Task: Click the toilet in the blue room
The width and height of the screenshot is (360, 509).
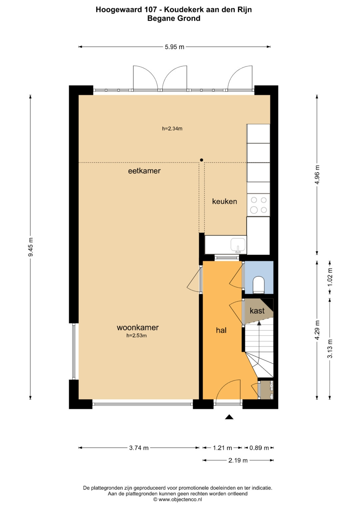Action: coord(259,284)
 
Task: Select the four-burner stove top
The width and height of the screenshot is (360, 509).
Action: coord(258,205)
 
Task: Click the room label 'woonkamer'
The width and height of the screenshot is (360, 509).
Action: coord(137,327)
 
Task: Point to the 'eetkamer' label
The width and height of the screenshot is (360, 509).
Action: coord(144,171)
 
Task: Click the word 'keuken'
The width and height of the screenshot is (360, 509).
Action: coord(225,201)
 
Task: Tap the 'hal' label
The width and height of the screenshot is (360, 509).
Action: coord(221,330)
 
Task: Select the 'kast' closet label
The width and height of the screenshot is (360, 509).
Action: coord(257,311)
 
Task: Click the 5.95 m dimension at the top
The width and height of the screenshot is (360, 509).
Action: coord(175,47)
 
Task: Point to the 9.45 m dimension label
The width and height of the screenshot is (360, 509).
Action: coord(31,247)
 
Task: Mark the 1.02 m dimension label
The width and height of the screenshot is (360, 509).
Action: coord(330,277)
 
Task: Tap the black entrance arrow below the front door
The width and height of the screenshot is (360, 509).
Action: coord(229,417)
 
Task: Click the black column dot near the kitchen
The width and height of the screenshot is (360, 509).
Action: coord(201,160)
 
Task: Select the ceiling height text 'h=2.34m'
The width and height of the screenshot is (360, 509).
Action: coord(172,129)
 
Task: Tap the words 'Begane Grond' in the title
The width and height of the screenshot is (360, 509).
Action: coord(174,18)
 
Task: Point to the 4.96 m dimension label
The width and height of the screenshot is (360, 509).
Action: coord(317,175)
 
